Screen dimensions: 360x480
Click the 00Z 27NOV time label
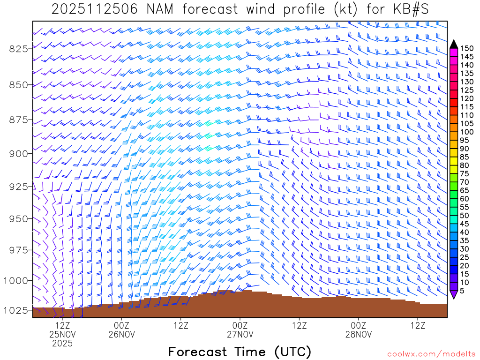click(240, 330)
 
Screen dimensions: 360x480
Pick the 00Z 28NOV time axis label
click(359, 330)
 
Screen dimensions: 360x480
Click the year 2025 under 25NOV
click(62, 344)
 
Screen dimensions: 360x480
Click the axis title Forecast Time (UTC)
click(240, 352)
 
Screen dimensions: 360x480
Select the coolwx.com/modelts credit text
click(431, 354)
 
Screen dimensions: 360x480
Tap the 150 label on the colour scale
click(467, 48)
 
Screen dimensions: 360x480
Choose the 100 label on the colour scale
click(467, 132)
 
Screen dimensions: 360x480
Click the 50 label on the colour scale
click(465, 216)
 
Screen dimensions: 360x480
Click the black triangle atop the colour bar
click(454, 45)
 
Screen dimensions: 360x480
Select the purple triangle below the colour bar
click(454, 294)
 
